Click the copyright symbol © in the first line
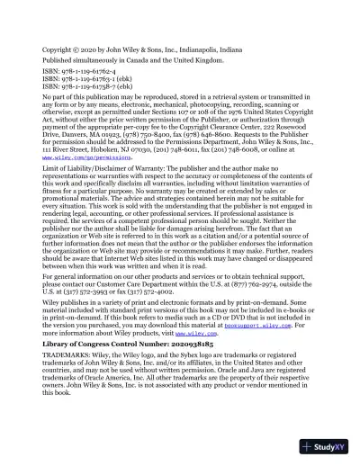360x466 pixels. click(77, 40)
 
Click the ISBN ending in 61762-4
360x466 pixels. click(79, 65)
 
